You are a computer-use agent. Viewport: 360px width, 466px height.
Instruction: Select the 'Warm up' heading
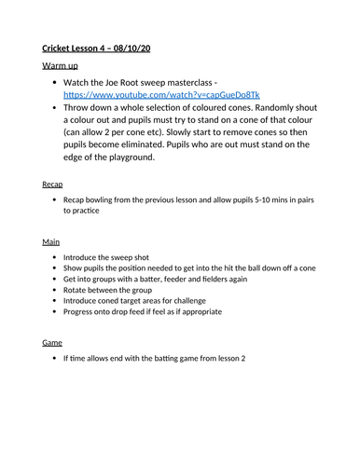(x=62, y=66)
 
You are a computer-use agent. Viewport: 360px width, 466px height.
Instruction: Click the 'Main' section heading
(x=51, y=241)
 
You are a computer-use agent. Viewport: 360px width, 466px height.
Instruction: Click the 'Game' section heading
(x=52, y=342)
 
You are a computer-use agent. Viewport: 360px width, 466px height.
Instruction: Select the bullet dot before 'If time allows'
(x=55, y=358)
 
